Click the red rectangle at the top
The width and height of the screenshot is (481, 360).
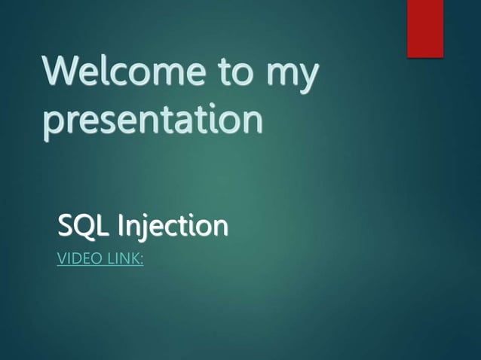(425, 29)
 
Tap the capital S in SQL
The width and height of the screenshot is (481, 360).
(66, 225)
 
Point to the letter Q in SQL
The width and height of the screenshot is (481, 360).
(83, 226)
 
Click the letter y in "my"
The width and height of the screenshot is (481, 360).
(306, 81)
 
